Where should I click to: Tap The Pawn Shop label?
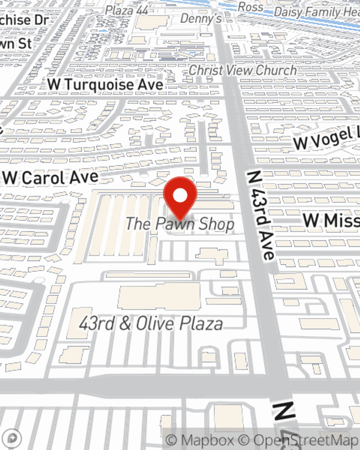[180, 224]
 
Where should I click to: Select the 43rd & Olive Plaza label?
[151, 323]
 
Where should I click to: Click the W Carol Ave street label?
[51, 177]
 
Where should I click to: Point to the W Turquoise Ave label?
[105, 85]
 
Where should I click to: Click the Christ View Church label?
[243, 70]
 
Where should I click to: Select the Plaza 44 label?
[127, 10]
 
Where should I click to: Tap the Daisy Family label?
[317, 12]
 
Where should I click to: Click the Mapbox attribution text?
[200, 440]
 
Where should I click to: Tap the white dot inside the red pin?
[180, 196]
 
